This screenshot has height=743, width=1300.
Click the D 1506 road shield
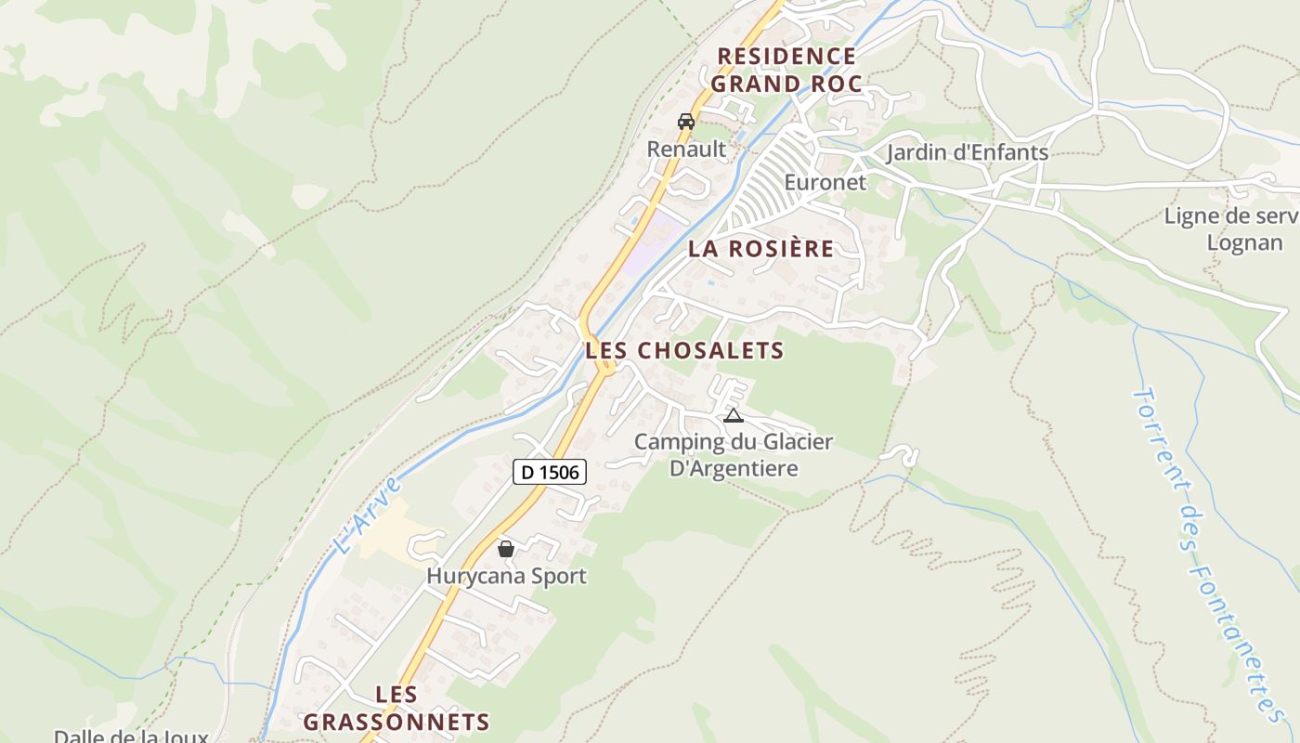pyautogui.click(x=549, y=472)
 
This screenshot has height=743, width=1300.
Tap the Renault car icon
pyautogui.click(x=686, y=121)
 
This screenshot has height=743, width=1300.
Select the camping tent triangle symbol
pyautogui.click(x=734, y=415)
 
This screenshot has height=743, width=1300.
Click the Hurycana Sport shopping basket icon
pyautogui.click(x=506, y=549)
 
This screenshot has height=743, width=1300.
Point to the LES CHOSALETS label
pyautogui.click(x=685, y=351)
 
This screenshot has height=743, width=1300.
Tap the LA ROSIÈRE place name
pyautogui.click(x=760, y=249)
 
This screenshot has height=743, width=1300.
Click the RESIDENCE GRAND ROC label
pyautogui.click(x=786, y=70)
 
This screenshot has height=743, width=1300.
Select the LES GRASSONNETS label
pyautogui.click(x=396, y=708)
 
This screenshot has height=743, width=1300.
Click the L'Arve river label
pyautogui.click(x=369, y=515)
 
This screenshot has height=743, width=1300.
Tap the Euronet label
pyautogui.click(x=825, y=182)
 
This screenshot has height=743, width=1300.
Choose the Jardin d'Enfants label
pyautogui.click(x=967, y=152)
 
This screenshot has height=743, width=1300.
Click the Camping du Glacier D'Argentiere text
pyautogui.click(x=734, y=454)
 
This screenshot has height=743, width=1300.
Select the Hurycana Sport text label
pyautogui.click(x=506, y=576)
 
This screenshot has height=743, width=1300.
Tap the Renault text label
pyautogui.click(x=686, y=149)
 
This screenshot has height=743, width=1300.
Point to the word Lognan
pyautogui.click(x=1243, y=242)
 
